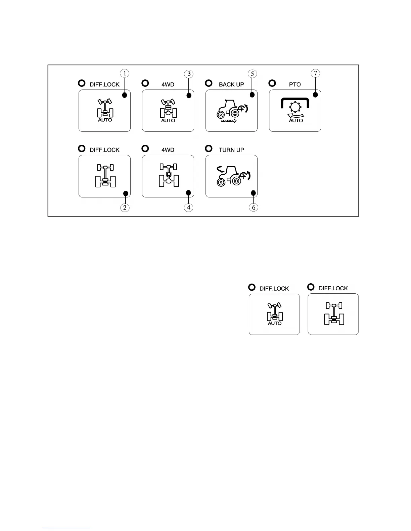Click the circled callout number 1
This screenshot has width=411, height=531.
125,73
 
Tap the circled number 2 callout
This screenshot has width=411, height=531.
125,208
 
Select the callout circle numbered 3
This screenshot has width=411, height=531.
189,74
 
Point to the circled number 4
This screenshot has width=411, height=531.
189,208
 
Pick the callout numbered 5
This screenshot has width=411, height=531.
252,74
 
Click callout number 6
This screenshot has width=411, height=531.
254,208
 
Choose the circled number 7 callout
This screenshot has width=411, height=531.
315,73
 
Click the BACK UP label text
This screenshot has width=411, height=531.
231,84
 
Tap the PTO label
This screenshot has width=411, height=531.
295,84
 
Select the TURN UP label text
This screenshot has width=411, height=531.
231,150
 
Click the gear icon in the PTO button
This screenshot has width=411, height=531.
295,108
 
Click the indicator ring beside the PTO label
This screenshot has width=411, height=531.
272,83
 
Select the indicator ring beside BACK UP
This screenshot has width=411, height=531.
209,83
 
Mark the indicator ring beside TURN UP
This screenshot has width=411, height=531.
209,148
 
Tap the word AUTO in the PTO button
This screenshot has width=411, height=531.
296,120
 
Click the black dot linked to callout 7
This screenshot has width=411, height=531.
315,95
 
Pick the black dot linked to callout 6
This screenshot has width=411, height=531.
254,193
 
